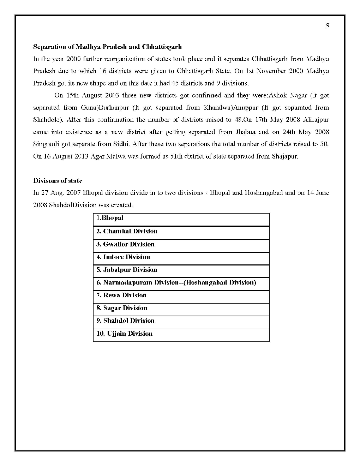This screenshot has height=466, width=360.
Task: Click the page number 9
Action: (x=328, y=25)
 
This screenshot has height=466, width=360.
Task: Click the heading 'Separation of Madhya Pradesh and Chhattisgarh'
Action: (x=107, y=47)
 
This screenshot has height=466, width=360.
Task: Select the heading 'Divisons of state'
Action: (x=58, y=181)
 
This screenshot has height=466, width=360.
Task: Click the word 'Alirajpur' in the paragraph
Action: (x=316, y=120)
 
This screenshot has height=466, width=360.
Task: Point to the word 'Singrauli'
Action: (x=46, y=144)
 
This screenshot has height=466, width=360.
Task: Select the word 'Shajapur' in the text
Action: (x=285, y=156)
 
